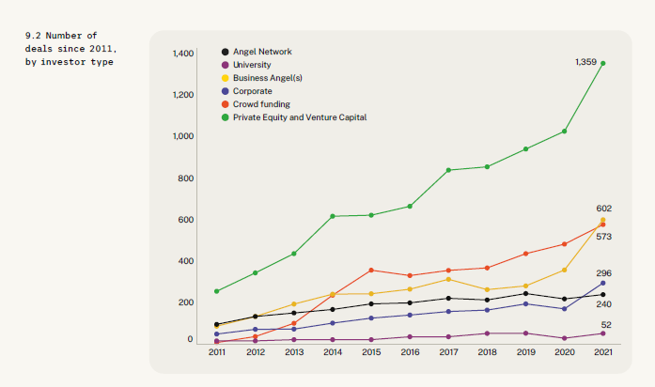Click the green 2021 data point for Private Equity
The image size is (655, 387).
click(602, 64)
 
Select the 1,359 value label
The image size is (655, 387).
click(585, 62)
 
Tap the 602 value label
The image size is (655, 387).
click(603, 209)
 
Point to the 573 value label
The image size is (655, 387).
click(603, 237)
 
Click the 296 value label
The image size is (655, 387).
click(603, 273)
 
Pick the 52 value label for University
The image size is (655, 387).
click(606, 325)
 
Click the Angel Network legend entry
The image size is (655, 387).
click(257, 52)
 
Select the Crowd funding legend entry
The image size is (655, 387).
click(256, 104)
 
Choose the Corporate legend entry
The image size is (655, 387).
click(246, 91)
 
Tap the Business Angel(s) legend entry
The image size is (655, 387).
click(261, 78)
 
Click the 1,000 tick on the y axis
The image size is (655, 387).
click(183, 136)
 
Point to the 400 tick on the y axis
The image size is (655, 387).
click(186, 261)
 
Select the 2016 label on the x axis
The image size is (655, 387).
click(410, 352)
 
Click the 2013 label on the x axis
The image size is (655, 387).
click(294, 352)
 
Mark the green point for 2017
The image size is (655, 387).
click(448, 170)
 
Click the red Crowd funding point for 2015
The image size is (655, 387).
click(371, 271)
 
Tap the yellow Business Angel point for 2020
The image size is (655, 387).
click(565, 271)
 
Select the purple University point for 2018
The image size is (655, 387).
click(487, 333)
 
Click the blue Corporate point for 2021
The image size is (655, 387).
click(602, 283)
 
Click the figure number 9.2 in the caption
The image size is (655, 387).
click(33, 36)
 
